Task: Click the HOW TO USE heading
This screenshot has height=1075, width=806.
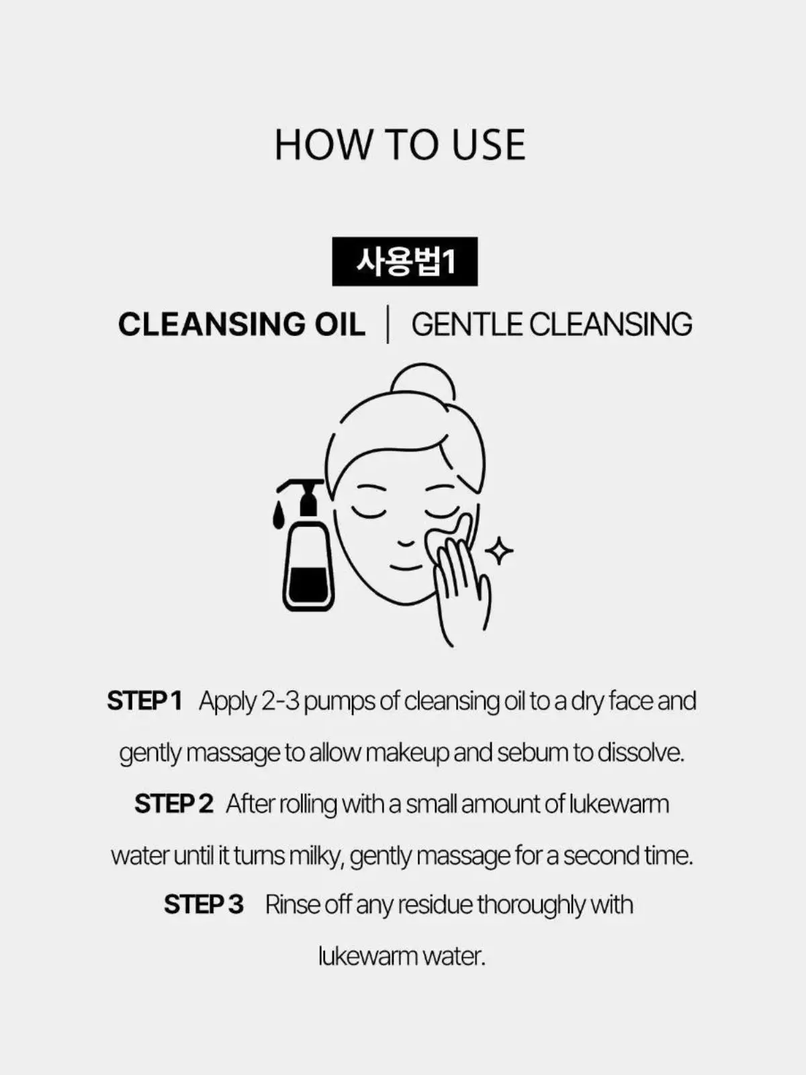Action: point(400,144)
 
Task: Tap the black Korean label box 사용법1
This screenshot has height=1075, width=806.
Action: point(405,261)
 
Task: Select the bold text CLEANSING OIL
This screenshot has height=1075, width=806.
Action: point(242,325)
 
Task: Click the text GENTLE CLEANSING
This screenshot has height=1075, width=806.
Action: point(551,325)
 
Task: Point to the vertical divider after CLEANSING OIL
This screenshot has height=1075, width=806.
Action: point(388,325)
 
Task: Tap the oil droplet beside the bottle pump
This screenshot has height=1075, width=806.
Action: point(279,515)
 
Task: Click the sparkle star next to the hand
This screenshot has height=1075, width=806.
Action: point(498,551)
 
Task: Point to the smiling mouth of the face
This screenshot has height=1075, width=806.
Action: point(406,568)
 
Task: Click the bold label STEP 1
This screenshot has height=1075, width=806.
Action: point(144,701)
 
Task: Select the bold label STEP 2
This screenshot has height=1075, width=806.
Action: point(174,804)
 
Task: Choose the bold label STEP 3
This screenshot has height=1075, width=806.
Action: point(204,904)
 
